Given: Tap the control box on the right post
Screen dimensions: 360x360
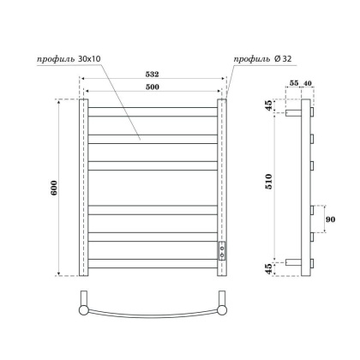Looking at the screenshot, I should coord(222,251).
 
